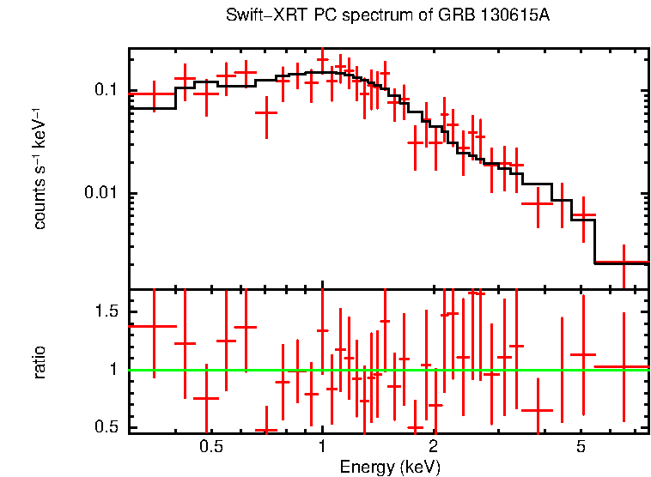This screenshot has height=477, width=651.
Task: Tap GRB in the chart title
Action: coord(452,16)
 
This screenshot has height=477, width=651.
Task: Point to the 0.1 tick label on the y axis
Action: coord(104,90)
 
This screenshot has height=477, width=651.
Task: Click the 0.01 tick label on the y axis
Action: coord(100,193)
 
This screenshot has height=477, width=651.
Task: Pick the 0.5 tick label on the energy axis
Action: coord(211,447)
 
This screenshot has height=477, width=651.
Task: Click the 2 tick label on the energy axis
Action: coord(434,447)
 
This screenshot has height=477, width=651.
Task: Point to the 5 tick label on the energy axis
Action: coord(581,447)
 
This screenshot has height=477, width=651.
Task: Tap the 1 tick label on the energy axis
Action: coord(322,447)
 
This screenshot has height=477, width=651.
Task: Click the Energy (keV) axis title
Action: coord(390,467)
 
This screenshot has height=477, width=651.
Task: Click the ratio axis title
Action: coord(40,362)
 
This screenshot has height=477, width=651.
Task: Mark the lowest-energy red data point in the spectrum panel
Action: coord(154,94)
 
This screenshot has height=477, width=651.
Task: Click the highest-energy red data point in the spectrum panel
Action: coord(624,261)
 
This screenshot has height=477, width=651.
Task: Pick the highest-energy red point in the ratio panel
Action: coord(624,366)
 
